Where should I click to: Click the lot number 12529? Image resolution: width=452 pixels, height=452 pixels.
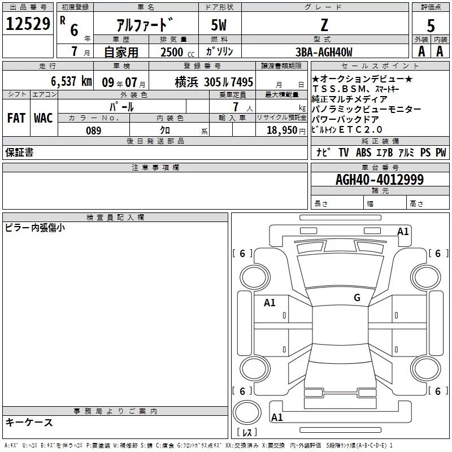tap(28, 24)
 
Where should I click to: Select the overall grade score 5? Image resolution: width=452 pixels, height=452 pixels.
tap(431, 25)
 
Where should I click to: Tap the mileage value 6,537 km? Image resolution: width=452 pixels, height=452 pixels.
tap(71, 81)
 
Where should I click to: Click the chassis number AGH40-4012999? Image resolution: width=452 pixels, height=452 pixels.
tap(380, 180)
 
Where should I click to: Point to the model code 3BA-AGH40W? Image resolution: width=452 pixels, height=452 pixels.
tap(324, 52)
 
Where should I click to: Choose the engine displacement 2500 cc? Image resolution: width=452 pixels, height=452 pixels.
tap(177, 52)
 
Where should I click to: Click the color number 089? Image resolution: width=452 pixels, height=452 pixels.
tap(93, 131)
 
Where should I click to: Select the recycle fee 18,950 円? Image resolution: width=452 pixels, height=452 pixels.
tap(286, 131)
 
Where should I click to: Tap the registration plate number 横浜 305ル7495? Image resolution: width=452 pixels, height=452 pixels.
tap(214, 82)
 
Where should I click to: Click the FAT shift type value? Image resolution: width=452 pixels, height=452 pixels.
tap(16, 118)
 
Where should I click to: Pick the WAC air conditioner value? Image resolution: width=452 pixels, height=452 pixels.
tap(44, 118)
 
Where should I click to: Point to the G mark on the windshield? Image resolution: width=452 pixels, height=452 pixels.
tap(357, 297)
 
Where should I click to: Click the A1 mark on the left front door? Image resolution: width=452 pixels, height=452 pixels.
tap(270, 303)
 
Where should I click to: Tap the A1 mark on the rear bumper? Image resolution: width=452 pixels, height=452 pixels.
tap(277, 417)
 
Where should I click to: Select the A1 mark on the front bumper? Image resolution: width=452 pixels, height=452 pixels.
tap(403, 232)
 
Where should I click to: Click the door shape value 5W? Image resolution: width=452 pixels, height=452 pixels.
tap(219, 25)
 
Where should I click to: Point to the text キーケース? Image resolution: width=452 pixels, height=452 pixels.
tap(29, 423)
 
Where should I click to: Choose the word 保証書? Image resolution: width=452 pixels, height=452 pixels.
tap(19, 153)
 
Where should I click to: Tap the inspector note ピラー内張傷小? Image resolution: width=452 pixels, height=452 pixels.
tap(34, 228)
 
